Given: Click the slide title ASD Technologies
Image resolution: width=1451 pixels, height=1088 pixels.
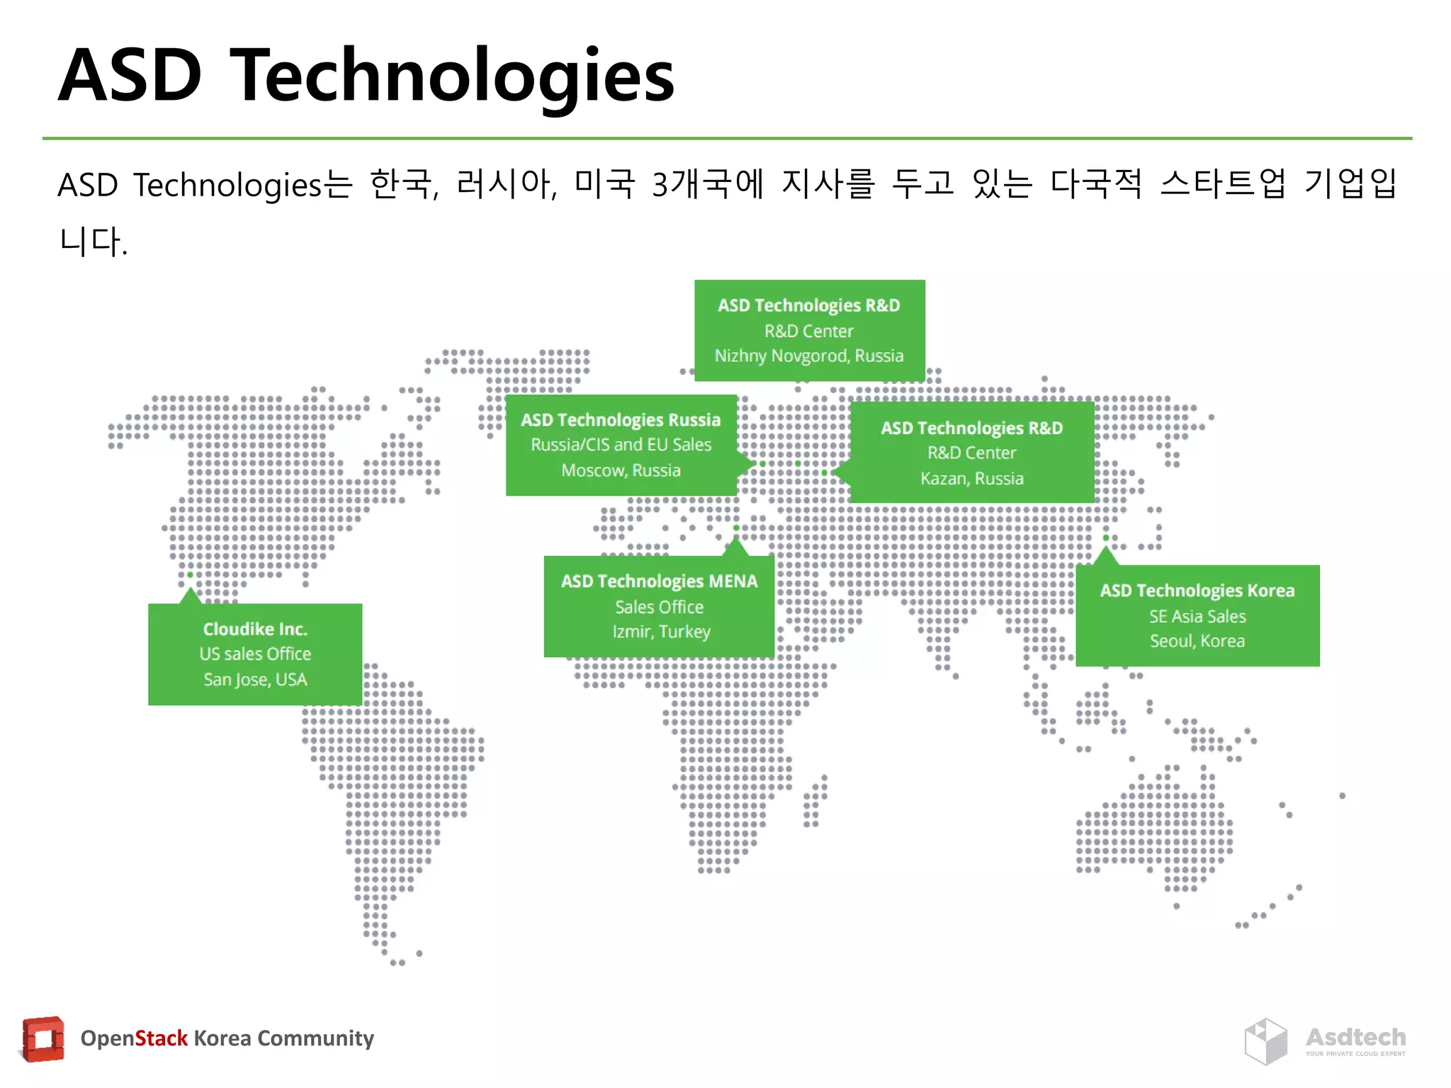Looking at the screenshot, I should (366, 75).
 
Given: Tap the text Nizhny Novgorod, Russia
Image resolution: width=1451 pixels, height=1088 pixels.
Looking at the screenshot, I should (808, 356).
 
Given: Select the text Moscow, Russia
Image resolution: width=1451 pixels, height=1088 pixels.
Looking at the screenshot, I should (621, 470).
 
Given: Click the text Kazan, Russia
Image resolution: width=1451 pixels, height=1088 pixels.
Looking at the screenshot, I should (971, 479).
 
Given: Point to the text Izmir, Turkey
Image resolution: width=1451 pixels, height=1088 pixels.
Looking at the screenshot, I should (661, 631).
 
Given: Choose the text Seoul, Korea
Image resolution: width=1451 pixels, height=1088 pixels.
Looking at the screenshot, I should (1197, 641).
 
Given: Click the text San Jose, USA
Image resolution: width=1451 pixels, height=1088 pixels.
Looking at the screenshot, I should (255, 680).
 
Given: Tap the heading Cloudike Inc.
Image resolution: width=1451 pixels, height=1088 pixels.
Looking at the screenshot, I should (255, 629).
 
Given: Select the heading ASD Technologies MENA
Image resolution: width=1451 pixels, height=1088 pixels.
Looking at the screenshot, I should (659, 582).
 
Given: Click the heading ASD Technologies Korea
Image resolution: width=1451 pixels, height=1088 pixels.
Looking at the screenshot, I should (1197, 591).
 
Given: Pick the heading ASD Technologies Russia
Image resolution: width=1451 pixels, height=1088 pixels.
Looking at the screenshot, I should (621, 420).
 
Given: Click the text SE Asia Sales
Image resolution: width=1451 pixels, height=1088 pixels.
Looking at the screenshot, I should (1197, 616).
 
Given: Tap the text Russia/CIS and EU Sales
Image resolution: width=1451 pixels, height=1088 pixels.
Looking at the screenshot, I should (621, 445).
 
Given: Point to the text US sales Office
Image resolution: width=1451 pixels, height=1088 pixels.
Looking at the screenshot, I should (255, 654).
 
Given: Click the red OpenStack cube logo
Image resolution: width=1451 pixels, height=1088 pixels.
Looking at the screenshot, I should (43, 1039).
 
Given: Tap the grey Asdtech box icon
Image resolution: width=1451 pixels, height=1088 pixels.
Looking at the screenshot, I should (1265, 1041).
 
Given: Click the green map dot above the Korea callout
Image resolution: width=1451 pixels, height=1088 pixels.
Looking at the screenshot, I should (1105, 538).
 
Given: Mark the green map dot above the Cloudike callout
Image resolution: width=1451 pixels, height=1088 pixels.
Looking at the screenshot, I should (190, 574).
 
